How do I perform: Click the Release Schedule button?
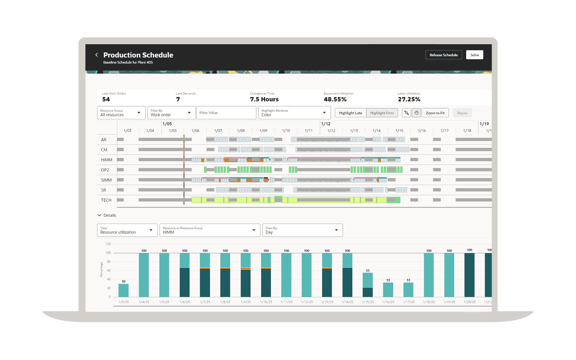pyautogui.click(x=444, y=55)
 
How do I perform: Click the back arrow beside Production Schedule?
pyautogui.click(x=97, y=55)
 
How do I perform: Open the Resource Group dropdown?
pyautogui.click(x=121, y=113)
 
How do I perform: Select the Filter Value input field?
pyautogui.click(x=226, y=113)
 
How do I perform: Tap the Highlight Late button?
pyautogui.click(x=350, y=113)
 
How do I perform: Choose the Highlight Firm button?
pyautogui.click(x=382, y=113)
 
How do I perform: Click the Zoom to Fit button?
pyautogui.click(x=435, y=113)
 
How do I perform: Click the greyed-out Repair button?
pyautogui.click(x=462, y=113)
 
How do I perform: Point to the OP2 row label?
pyautogui.click(x=105, y=170)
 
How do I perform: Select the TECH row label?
pyautogui.click(x=106, y=200)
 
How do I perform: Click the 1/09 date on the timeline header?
pyautogui.click(x=263, y=131)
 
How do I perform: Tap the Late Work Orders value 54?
pyautogui.click(x=106, y=99)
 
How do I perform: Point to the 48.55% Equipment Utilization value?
pyautogui.click(x=335, y=99)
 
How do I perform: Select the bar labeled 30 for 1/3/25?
pyautogui.click(x=124, y=290)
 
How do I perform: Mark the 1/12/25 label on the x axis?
pyautogui.click(x=307, y=302)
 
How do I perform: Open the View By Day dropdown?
pyautogui.click(x=302, y=230)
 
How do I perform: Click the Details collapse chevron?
pyautogui.click(x=99, y=215)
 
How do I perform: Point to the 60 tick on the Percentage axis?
pyautogui.click(x=108, y=270)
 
